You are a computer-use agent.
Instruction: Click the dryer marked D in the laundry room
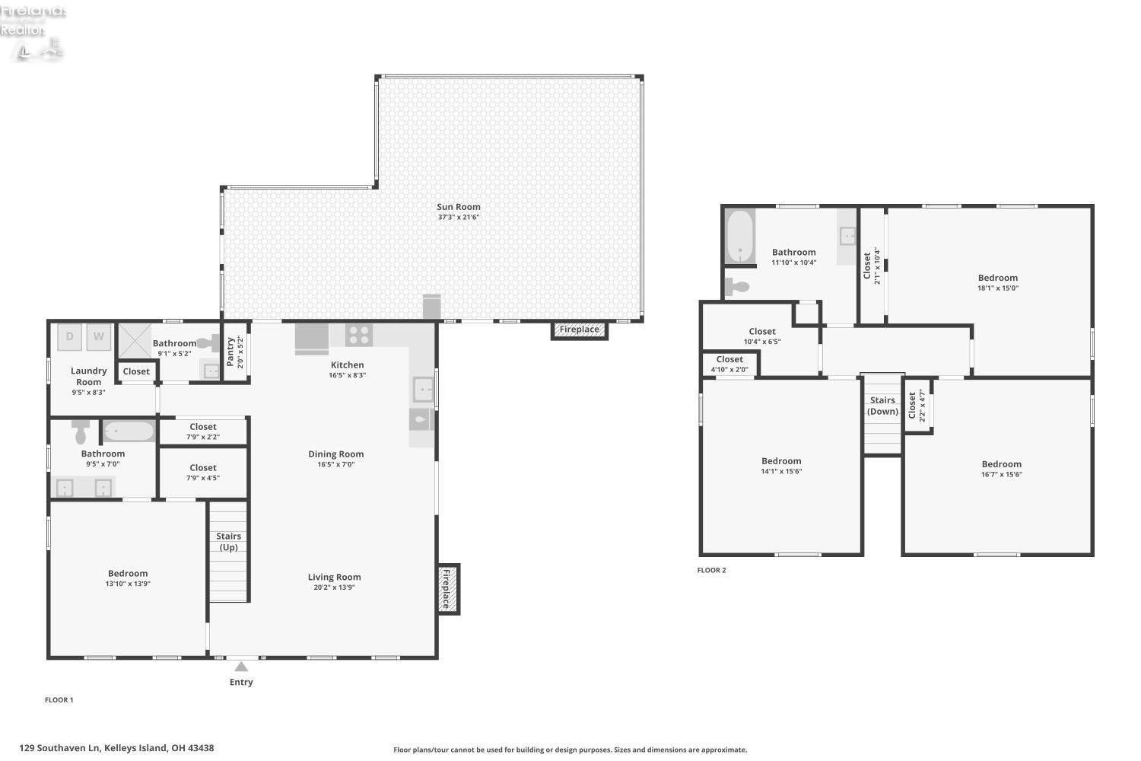pos(70,336)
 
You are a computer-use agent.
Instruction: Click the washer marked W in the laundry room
pos(99,336)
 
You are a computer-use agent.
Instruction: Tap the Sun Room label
pos(458,207)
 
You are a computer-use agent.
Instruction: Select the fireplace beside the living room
pos(447,588)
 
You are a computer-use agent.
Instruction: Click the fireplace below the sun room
pos(579,330)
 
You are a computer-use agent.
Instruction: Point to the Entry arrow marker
pos(241,667)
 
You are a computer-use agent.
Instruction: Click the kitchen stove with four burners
pos(359,335)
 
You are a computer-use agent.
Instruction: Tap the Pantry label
pos(230,352)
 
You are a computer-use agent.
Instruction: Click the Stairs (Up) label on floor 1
pos(228,542)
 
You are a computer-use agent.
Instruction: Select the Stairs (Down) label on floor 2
pos(882,406)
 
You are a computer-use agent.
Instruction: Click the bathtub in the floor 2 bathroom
pos(739,236)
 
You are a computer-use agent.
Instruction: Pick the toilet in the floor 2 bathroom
pos(737,287)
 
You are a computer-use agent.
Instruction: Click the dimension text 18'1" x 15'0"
pos(997,288)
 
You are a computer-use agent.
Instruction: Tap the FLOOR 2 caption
pos(711,570)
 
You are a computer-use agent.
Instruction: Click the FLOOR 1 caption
pos(59,700)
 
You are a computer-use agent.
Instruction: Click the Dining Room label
pos(335,454)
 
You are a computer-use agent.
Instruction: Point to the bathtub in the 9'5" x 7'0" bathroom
pos(129,431)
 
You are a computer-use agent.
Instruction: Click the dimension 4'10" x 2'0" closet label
pos(729,370)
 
